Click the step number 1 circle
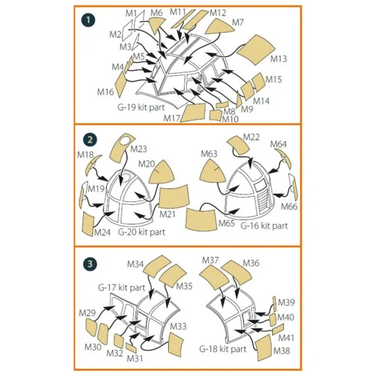pos(87,20)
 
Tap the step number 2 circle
pos(90,140)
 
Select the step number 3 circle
pos(90,265)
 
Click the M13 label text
pos(278,59)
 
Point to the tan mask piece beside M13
pos(256,49)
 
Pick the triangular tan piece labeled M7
pos(219,27)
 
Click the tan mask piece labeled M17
pos(193,112)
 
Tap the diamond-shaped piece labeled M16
pos(121,84)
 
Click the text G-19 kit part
pos(141,107)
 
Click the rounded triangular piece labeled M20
pos(162,173)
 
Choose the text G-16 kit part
pos(264,226)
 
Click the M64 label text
pos(278,144)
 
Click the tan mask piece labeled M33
pos(176,344)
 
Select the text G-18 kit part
pos(223,349)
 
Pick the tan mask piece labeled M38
pos(264,347)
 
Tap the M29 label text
pos(87,312)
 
